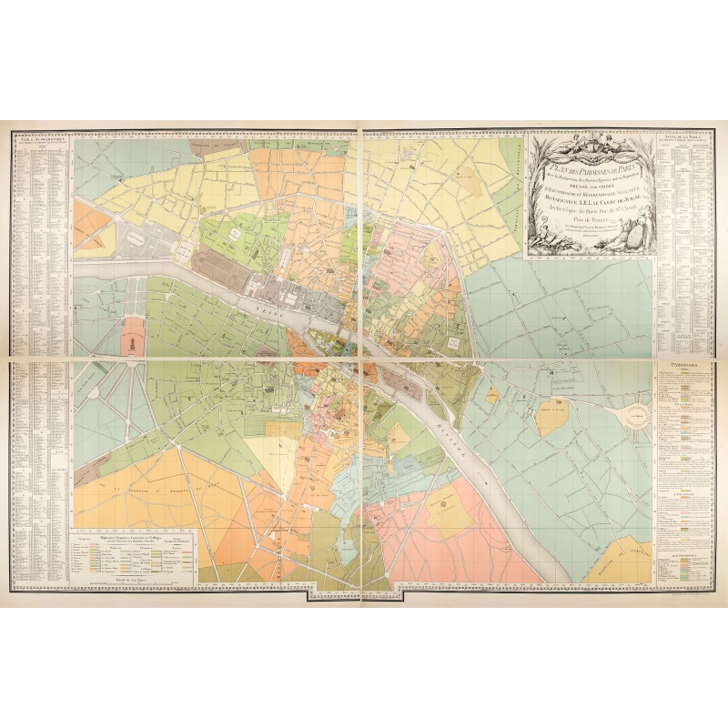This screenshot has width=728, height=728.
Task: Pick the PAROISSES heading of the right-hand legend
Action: tap(682, 365)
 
